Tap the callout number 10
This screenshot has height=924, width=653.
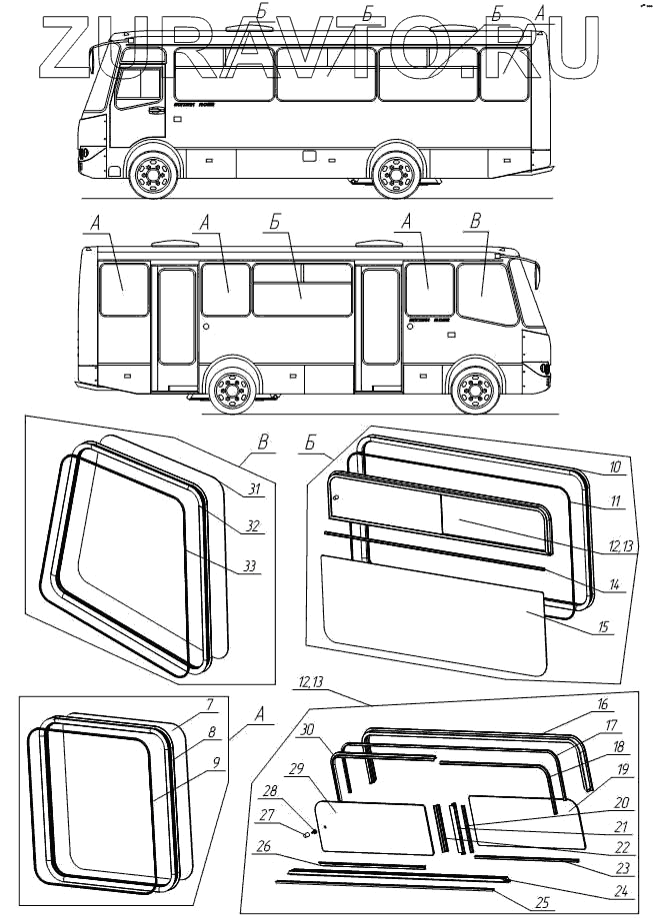click(x=616, y=467)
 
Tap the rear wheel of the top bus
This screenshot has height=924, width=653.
click(x=396, y=176)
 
